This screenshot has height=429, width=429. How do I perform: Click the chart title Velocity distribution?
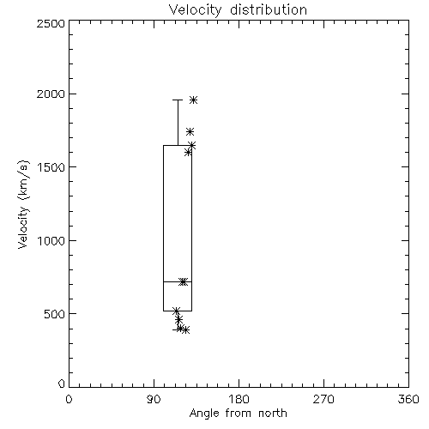[x=238, y=10]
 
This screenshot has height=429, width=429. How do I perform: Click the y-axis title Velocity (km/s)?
[x=23, y=204]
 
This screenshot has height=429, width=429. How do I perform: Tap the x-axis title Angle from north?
[x=238, y=414]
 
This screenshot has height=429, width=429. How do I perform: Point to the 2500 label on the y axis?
[x=51, y=23]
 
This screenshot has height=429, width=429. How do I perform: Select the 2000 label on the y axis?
[x=51, y=94]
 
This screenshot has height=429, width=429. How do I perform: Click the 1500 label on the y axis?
[x=51, y=167]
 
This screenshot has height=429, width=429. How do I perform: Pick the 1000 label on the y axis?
[x=51, y=240]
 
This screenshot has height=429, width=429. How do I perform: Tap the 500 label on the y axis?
[x=55, y=314]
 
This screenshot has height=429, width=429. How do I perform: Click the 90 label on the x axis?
[x=154, y=399]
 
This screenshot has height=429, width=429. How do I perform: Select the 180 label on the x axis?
[x=239, y=399]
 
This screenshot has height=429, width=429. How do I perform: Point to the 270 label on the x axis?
[x=323, y=399]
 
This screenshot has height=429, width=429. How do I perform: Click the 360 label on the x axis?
[x=408, y=399]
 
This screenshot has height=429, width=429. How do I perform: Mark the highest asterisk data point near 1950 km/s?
[x=194, y=100]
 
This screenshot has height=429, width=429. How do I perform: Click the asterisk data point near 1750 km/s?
[x=190, y=131]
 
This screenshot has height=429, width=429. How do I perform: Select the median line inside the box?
[x=178, y=281]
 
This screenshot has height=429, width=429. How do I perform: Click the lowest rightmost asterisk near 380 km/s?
[x=185, y=330]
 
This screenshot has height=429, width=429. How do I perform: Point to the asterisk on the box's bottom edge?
[x=176, y=311]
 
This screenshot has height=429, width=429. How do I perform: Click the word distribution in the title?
[x=269, y=10]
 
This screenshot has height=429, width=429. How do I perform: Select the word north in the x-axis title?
[x=273, y=414]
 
